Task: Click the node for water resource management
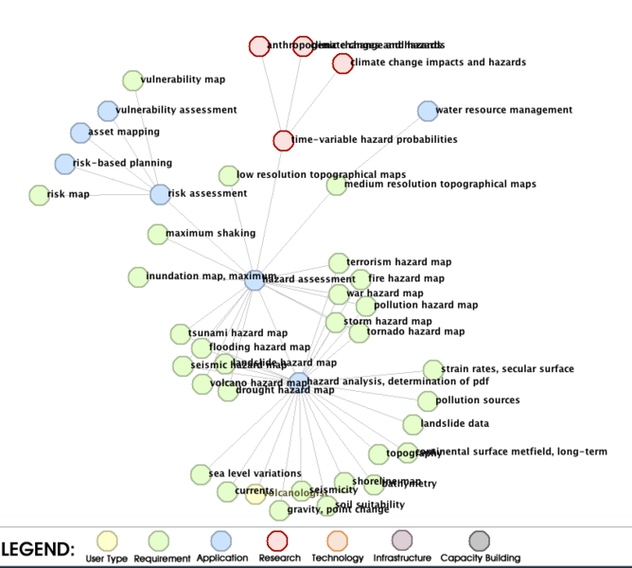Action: point(428,111)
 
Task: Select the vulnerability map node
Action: point(132,80)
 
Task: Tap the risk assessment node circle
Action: point(160,194)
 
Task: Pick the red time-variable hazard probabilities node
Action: point(283,140)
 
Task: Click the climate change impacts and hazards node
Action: point(342,63)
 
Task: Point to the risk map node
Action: point(39,195)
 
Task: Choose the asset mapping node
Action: point(80,133)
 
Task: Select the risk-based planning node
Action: point(64,164)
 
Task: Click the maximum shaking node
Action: point(158,234)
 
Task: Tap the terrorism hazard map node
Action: point(339,262)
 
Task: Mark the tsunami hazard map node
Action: point(180,334)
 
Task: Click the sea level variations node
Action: point(201,474)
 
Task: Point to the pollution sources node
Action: point(428,401)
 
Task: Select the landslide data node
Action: point(413,424)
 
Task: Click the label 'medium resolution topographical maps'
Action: point(440,185)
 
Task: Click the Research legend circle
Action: point(277,541)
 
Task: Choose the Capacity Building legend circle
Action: point(481,541)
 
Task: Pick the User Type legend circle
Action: point(108,541)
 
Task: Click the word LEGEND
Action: point(38,549)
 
